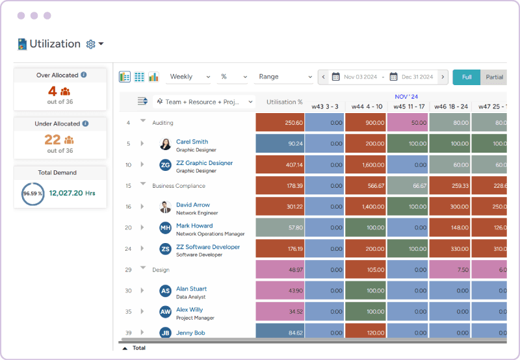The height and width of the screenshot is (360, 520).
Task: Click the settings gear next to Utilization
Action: (91, 44)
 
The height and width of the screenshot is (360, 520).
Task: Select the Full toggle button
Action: (466, 77)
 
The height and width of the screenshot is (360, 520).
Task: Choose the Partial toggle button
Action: (494, 77)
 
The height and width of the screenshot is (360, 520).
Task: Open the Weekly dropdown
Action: (188, 77)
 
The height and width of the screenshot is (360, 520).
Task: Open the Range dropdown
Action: (283, 77)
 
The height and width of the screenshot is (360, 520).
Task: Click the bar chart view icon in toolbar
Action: (154, 77)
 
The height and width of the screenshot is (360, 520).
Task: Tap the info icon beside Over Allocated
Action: (84, 75)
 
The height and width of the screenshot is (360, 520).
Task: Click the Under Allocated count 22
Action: (52, 140)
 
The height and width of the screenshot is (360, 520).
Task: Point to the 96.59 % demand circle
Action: (33, 194)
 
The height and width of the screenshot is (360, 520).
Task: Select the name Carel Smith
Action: (192, 142)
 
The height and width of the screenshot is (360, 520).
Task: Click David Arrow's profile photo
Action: (165, 207)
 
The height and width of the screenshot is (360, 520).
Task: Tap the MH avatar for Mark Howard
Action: (165, 228)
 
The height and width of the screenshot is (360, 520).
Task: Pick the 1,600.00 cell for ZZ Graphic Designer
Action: (365, 165)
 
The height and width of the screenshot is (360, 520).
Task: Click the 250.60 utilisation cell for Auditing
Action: (279, 123)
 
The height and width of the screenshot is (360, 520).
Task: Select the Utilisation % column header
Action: (284, 102)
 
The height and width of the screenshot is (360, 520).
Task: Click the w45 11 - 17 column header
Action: (407, 107)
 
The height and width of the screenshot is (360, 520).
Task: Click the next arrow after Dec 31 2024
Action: (443, 77)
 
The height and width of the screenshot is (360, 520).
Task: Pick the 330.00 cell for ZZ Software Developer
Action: (449, 249)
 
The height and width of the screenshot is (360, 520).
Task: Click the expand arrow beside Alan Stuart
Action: (142, 291)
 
